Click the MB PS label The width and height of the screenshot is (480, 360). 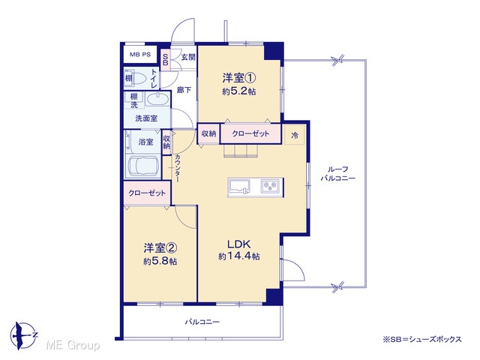140,55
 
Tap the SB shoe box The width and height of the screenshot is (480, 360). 165,60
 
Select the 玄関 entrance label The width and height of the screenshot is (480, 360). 188,57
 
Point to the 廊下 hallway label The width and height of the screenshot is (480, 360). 184,90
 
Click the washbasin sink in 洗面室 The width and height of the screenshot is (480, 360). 157,99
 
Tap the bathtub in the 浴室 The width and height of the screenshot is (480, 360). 142,166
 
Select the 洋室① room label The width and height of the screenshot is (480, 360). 238,78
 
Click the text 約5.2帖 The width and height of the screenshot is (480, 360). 238,91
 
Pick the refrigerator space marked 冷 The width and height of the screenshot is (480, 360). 295,134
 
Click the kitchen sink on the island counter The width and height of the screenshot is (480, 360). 240,187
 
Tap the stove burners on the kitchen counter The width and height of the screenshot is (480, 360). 270,186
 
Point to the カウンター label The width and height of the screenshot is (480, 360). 178,168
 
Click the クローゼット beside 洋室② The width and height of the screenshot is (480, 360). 147,193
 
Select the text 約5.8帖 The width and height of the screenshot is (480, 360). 160,262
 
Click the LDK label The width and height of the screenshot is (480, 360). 238,244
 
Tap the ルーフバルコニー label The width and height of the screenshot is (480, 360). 338,173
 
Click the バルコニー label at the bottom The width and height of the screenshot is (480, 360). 202,322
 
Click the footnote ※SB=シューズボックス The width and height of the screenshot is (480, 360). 422,340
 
